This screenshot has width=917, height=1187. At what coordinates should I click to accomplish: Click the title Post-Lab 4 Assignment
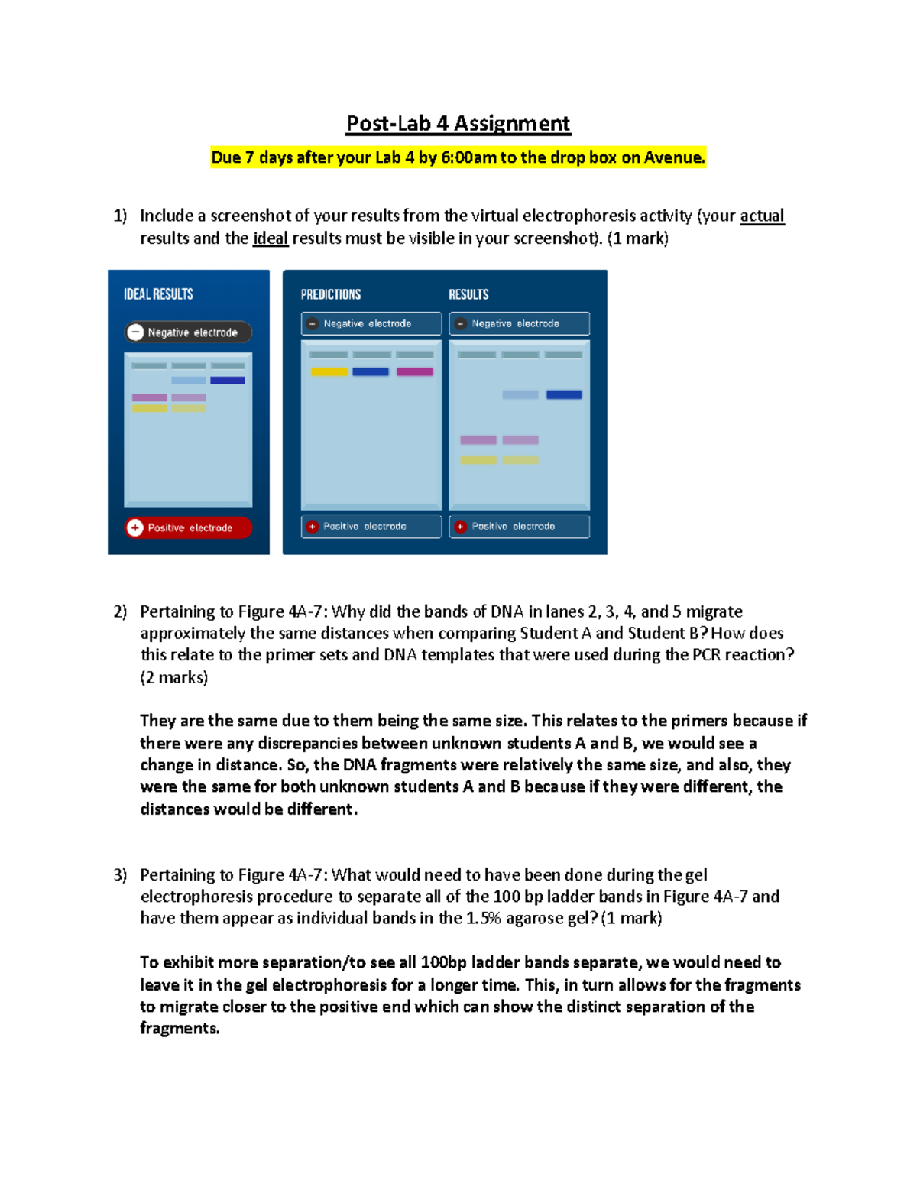pos(458,123)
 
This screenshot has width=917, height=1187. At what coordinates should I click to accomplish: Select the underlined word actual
pos(761,216)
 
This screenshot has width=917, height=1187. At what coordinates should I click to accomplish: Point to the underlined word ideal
pos(270,238)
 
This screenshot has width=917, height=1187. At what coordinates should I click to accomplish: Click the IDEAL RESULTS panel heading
pos(158,294)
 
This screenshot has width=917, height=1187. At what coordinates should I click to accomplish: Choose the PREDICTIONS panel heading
pos(330,294)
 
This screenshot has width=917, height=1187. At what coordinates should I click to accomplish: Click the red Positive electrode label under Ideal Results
pos(189,527)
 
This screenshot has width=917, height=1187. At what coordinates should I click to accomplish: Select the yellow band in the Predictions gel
pos(329,372)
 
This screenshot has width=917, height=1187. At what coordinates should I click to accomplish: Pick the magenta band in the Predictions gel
pos(414,372)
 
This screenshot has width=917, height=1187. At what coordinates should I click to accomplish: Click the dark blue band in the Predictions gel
pos(371,372)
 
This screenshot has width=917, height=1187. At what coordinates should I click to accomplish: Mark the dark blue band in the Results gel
pos(564,395)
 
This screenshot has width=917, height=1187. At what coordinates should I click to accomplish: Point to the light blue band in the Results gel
pos(520,395)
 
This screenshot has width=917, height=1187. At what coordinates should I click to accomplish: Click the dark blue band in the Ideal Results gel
pos(227,381)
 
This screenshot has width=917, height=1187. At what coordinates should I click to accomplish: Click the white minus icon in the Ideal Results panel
pos(135,332)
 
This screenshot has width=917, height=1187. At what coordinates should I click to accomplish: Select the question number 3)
pos(120,874)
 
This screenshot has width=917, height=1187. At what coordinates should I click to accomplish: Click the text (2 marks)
pos(173,677)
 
